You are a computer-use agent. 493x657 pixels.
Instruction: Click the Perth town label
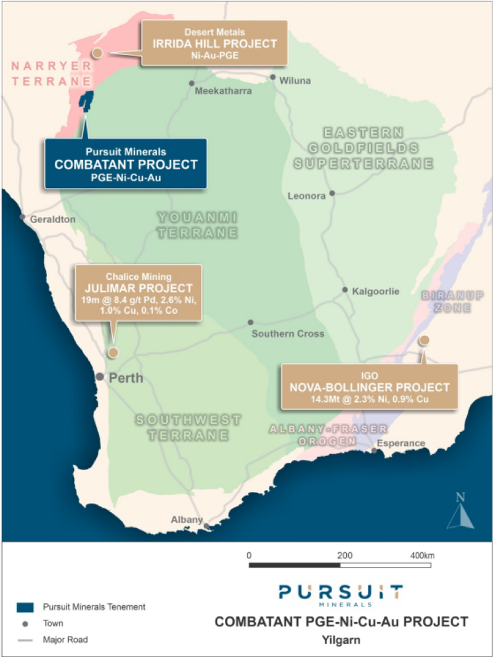point(126,378)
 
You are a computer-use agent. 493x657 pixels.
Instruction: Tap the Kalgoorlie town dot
point(345,290)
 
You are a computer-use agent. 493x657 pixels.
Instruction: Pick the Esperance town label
point(401,443)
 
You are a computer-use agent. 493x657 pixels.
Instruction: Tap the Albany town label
point(187,520)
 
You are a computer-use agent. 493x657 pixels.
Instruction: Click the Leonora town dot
point(332,193)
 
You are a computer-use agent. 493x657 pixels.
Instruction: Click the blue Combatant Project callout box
point(125,163)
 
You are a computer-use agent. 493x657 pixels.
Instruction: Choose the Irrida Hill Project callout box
point(214,43)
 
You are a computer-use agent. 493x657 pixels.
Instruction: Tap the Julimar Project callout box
point(138,293)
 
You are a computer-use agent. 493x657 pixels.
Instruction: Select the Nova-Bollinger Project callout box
point(369,386)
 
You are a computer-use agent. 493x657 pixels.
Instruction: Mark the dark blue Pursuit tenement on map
point(87,100)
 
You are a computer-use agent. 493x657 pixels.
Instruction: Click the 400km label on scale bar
point(422,554)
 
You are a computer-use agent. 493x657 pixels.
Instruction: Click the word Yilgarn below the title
point(340,640)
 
